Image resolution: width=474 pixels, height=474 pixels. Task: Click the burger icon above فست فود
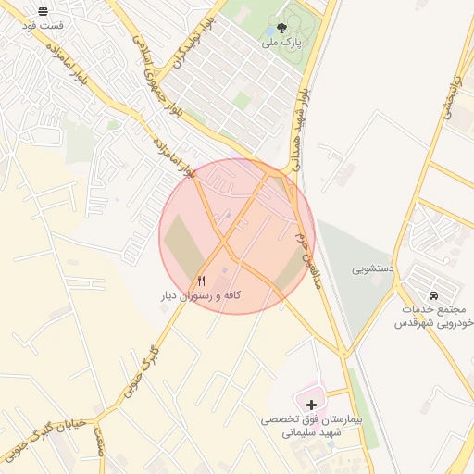click(44, 10)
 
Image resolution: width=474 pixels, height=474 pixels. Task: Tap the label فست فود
click(44, 25)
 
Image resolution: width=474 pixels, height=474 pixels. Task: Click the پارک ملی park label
click(282, 43)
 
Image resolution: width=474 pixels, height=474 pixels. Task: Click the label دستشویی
click(373, 269)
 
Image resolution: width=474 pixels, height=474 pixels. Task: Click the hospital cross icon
click(311, 405)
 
